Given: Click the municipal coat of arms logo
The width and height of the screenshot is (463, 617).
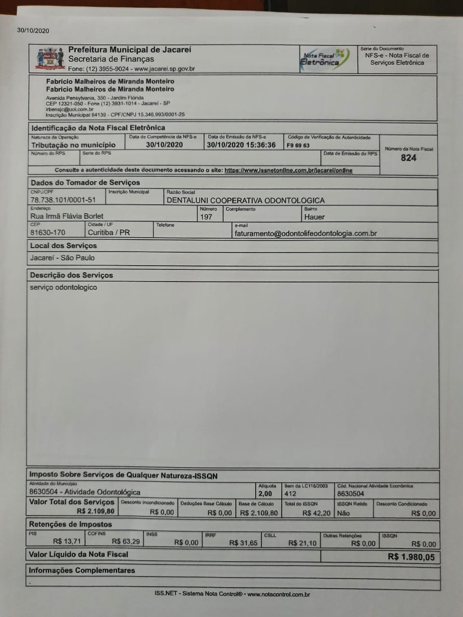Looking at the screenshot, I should pyautogui.click(x=50, y=59).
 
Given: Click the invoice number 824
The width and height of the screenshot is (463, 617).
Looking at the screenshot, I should pyautogui.click(x=409, y=158).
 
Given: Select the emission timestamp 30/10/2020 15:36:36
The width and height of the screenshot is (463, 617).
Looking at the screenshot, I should pyautogui.click(x=241, y=145).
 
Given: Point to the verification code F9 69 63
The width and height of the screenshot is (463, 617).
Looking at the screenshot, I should pyautogui.click(x=298, y=145).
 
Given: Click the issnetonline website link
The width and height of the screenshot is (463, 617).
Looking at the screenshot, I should pyautogui.click(x=288, y=170).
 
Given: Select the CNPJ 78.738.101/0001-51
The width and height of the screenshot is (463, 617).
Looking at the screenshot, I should pyautogui.click(x=63, y=200).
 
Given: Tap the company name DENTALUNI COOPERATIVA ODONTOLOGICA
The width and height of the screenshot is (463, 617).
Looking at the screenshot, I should pyautogui.click(x=245, y=200).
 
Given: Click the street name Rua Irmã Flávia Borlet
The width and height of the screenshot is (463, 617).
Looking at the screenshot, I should pyautogui.click(x=67, y=216).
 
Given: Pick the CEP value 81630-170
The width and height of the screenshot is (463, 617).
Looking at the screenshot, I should pyautogui.click(x=48, y=232).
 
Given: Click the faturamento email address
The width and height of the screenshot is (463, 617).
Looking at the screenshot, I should pyautogui.click(x=306, y=233).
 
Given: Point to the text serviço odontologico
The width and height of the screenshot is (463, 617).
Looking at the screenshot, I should pyautogui.click(x=63, y=287).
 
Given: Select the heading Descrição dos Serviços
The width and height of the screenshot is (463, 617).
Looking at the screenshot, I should pyautogui.click(x=71, y=275).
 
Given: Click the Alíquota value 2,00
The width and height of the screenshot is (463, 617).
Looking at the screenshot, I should pyautogui.click(x=265, y=494).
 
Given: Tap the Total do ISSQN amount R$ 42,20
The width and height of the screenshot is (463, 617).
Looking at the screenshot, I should pyautogui.click(x=316, y=513).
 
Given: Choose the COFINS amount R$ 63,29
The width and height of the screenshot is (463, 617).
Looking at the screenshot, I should pyautogui.click(x=126, y=541).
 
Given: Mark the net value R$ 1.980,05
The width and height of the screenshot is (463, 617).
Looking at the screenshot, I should pyautogui.click(x=411, y=557).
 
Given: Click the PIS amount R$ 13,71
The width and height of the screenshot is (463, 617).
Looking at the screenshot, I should pyautogui.click(x=67, y=541).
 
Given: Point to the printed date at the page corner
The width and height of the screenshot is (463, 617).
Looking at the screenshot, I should pyautogui.click(x=33, y=31).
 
